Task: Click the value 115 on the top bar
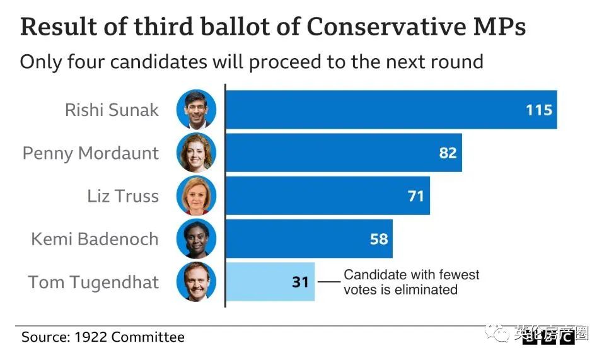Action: [x=539, y=110]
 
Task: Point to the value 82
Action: [x=448, y=153]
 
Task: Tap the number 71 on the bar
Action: [x=416, y=196]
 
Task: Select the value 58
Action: [x=379, y=239]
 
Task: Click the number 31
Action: [x=301, y=282]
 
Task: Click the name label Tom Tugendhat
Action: [x=93, y=282]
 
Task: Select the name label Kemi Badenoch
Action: [x=95, y=239]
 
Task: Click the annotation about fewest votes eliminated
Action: [x=411, y=282]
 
